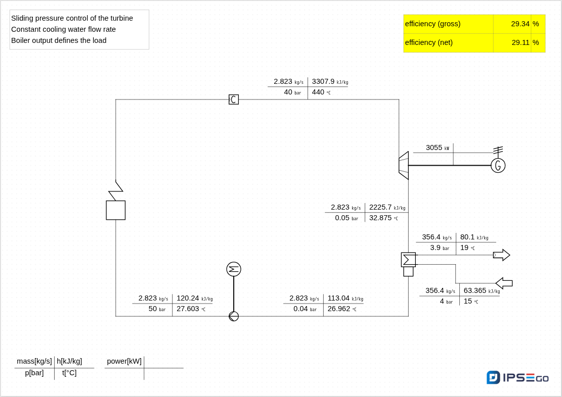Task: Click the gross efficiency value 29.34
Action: (x=520, y=24)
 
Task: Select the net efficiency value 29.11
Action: (x=521, y=42)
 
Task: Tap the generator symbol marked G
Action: (x=498, y=165)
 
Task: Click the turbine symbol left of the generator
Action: (x=404, y=165)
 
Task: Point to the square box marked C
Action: (x=234, y=100)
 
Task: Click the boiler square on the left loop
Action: (x=116, y=210)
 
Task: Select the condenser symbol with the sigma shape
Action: (x=408, y=260)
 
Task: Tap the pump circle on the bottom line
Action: (x=234, y=316)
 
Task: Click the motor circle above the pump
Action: (x=234, y=269)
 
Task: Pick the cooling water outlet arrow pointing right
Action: (x=501, y=255)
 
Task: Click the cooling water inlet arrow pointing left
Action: (x=504, y=283)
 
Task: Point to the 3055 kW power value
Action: (x=434, y=147)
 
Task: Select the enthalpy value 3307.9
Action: (x=323, y=81)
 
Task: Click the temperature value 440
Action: (x=318, y=92)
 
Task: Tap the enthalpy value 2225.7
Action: (x=380, y=207)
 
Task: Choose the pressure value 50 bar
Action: (x=153, y=309)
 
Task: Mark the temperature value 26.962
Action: (x=339, y=309)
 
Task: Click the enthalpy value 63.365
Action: (x=475, y=290)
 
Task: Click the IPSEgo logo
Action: (x=517, y=378)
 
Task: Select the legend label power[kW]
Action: (x=124, y=361)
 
